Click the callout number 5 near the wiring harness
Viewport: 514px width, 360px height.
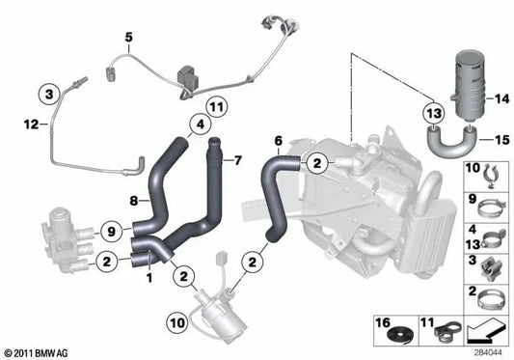(127, 38)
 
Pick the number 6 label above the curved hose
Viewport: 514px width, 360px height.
(279, 141)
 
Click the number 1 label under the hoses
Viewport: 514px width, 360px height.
(149, 278)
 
